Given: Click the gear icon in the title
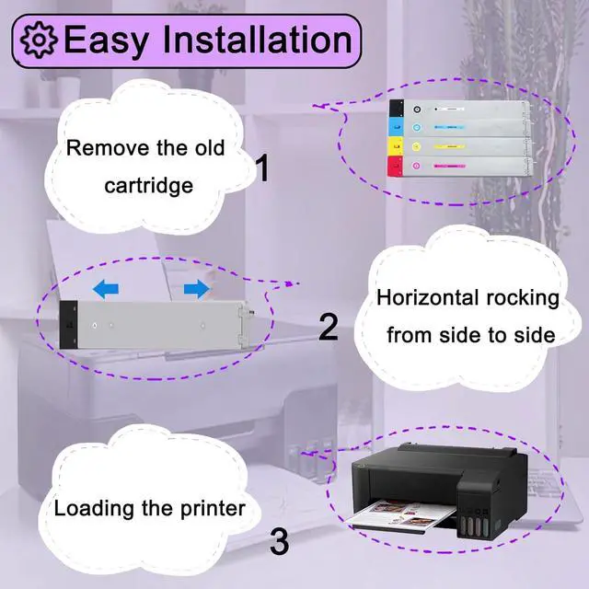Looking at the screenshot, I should (x=40, y=41).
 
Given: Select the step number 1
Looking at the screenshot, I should (x=261, y=168).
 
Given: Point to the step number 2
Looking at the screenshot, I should (x=329, y=327).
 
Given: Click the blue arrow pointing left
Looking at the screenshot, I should (x=106, y=290).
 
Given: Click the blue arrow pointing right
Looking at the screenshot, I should (x=196, y=290).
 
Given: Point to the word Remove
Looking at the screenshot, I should (x=103, y=147).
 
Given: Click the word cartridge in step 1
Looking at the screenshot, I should (x=149, y=185).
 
